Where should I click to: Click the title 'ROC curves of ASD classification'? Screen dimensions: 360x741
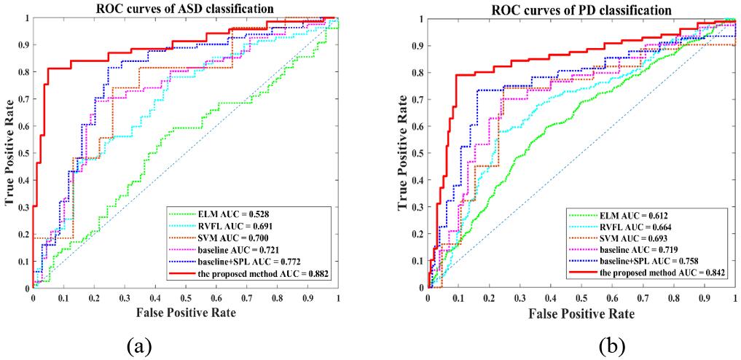(185, 8)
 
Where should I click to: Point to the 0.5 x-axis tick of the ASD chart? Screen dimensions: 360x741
(185, 298)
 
